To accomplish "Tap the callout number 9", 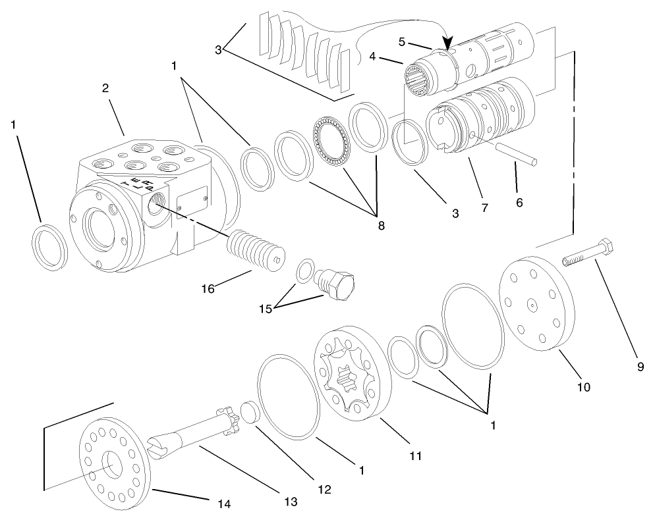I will pos(640,367).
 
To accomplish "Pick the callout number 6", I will pos(519,203).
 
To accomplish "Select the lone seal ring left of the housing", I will pos(49,246).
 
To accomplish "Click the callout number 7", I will pos(484,208).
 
